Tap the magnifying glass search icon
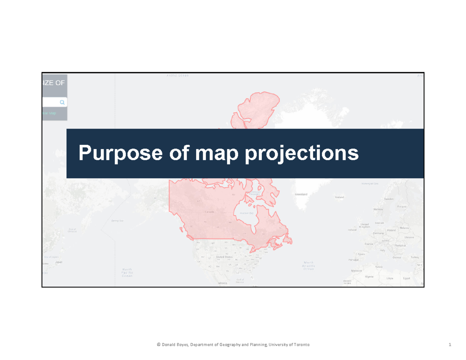click(62, 103)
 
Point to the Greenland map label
click(301, 194)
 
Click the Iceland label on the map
click(339, 197)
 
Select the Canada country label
click(209, 212)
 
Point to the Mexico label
click(222, 283)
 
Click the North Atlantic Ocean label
click(309, 265)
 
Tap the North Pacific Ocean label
click(127, 272)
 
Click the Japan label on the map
click(59, 262)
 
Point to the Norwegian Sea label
click(370, 183)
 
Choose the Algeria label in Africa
click(370, 277)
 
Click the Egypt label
click(406, 278)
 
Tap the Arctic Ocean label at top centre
click(177, 76)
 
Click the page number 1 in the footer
click(449, 345)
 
